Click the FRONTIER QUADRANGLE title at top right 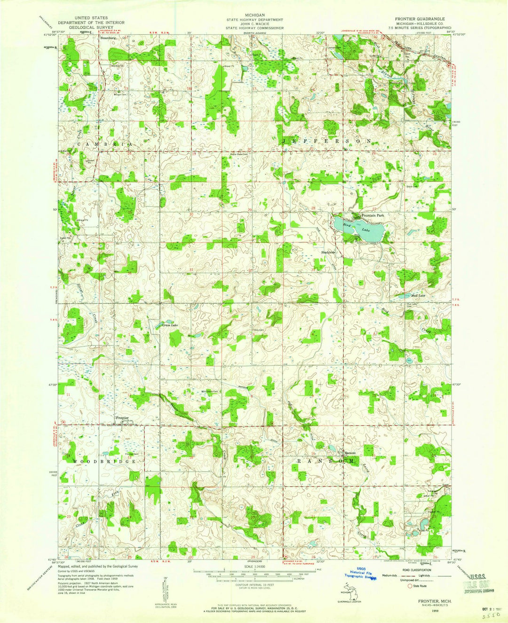(x=420, y=18)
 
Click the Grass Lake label (x=170, y=325)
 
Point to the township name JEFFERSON (x=327, y=141)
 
